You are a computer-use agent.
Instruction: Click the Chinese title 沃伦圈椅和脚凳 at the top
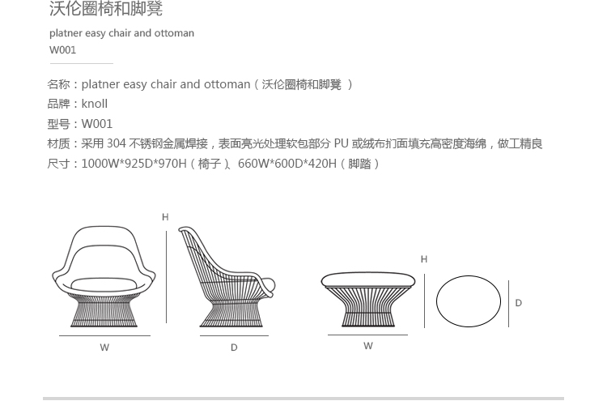(x=106, y=9)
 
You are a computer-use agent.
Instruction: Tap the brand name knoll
(x=95, y=104)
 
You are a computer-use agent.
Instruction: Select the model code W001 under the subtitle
(x=62, y=50)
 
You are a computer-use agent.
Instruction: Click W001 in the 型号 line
(x=97, y=124)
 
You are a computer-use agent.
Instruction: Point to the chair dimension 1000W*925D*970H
(x=134, y=164)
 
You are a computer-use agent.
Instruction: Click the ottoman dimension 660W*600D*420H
(x=287, y=164)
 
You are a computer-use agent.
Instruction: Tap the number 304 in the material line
(x=116, y=143)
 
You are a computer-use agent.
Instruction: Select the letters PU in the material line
(x=341, y=143)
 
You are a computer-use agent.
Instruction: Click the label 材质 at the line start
(x=58, y=143)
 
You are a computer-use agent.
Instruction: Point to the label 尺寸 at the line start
(x=58, y=164)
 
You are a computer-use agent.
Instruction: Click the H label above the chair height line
(x=165, y=217)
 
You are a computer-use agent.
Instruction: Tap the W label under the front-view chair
(x=104, y=348)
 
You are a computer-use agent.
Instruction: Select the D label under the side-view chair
(x=234, y=348)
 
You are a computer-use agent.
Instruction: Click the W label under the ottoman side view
(x=368, y=346)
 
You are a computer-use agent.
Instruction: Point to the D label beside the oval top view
(x=519, y=303)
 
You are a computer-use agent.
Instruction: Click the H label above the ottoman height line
(x=424, y=259)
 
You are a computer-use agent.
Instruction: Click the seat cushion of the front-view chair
(x=104, y=285)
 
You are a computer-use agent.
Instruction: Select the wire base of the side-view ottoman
(x=368, y=307)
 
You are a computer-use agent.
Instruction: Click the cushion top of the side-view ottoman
(x=368, y=279)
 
